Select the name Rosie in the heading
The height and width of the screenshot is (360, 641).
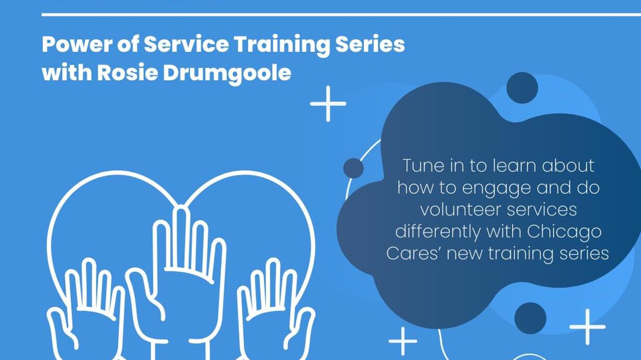pyautogui.click(x=128, y=73)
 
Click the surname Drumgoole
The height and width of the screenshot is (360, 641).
pyautogui.click(x=227, y=75)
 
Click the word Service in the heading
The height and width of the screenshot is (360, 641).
pyautogui.click(x=186, y=44)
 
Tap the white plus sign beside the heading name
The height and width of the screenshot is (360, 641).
pyautogui.click(x=328, y=104)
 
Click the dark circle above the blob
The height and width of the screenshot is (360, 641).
pyautogui.click(x=522, y=88)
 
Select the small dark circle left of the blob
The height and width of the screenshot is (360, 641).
pyautogui.click(x=354, y=168)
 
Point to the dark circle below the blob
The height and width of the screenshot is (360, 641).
pyautogui.click(x=530, y=318)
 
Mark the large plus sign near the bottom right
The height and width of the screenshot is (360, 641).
pyautogui.click(x=587, y=327)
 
